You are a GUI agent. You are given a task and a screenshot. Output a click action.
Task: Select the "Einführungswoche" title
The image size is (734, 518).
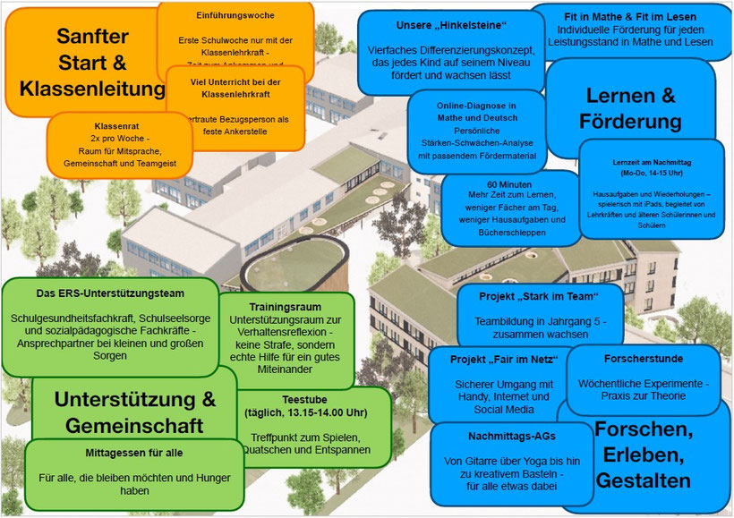click(235, 15)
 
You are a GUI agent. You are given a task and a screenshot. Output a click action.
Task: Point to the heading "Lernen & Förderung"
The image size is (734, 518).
click(630, 107)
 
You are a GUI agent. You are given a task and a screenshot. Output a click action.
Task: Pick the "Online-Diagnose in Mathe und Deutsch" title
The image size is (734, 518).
click(477, 112)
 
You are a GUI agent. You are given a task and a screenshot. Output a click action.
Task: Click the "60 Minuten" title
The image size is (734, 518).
click(511, 183)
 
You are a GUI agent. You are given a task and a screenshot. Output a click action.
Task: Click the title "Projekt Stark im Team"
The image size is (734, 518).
click(527, 297)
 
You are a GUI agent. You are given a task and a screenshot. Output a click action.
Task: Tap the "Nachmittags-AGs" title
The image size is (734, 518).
click(500, 436)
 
